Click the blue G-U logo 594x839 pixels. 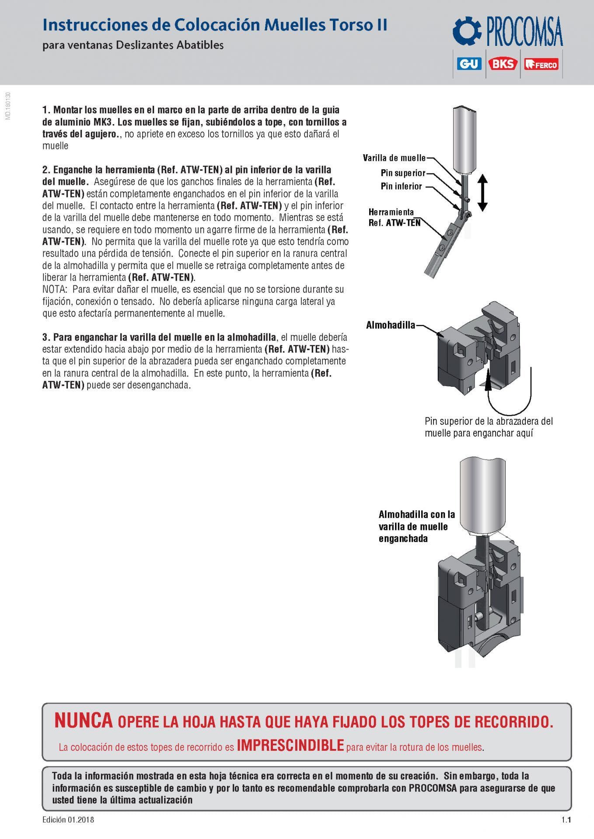tap(469, 64)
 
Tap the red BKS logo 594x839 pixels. tap(503, 64)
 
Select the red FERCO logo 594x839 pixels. tap(541, 64)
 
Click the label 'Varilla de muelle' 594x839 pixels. tap(394, 158)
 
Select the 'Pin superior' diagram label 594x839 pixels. tap(403, 173)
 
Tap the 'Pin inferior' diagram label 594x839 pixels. tap(401, 186)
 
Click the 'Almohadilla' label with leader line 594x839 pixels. tap(390, 325)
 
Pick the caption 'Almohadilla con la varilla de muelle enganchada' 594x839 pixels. tap(416, 527)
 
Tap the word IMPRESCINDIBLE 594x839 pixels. tap(290, 745)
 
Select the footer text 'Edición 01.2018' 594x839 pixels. tap(68, 820)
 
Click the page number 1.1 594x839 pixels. tap(566, 820)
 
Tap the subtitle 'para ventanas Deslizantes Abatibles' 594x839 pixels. tap(133, 45)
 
